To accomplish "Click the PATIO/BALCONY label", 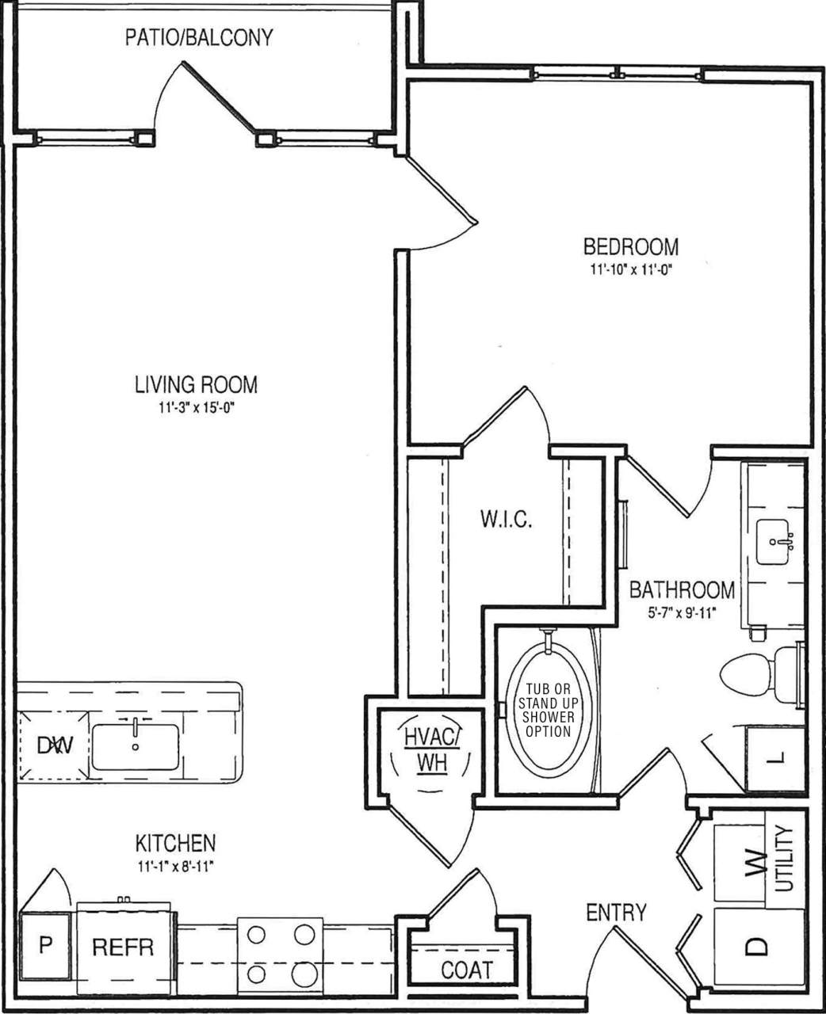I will point(199,37).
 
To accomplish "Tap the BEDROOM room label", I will point(631,246).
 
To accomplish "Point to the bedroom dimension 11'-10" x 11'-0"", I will point(631,269).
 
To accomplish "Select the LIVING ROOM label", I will point(196,385).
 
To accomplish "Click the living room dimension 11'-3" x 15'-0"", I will point(196,408).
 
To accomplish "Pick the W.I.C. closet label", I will point(506,520).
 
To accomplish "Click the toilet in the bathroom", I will point(753,673).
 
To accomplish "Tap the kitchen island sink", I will point(136,746).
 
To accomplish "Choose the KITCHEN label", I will point(175,842).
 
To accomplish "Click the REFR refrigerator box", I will point(123,947).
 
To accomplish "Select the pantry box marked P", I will point(46,946).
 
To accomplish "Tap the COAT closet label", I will point(466,970).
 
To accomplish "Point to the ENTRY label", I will point(616,913).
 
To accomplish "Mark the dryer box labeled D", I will point(758,946).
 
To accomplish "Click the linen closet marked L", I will point(776,759).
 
